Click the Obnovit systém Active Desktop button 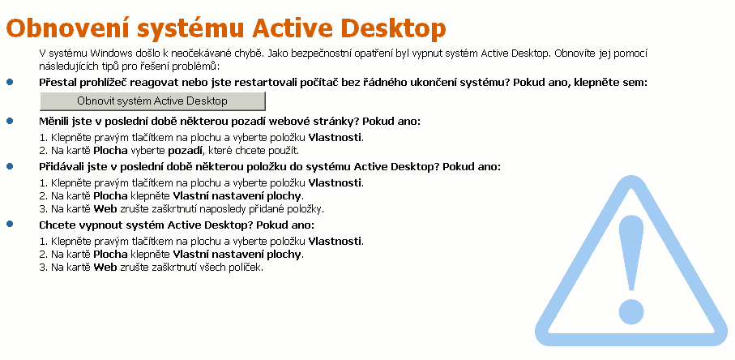(x=152, y=101)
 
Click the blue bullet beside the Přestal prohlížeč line (x=11, y=83)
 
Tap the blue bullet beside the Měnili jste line (x=11, y=121)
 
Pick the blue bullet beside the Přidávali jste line (x=11, y=166)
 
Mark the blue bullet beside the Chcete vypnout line (x=11, y=225)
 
